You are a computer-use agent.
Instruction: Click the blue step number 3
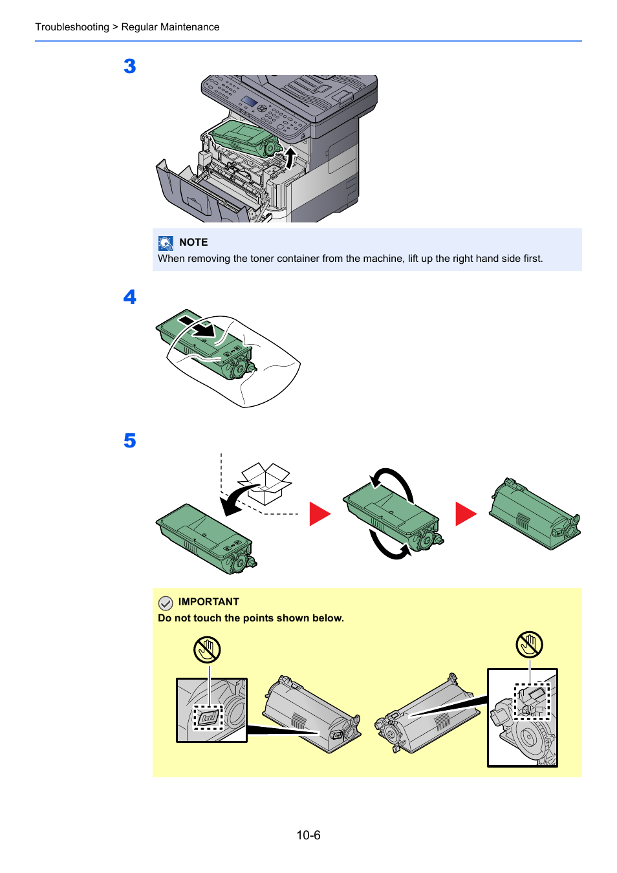(130, 66)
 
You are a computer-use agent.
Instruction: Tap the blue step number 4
(130, 297)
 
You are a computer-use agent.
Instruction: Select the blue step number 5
(130, 441)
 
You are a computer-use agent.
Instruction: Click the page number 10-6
(308, 835)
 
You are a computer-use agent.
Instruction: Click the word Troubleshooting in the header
(72, 27)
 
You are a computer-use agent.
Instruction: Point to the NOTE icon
(166, 242)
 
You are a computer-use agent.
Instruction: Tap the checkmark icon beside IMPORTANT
(166, 603)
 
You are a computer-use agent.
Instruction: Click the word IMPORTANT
(208, 602)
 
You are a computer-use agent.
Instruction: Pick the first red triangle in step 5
(319, 514)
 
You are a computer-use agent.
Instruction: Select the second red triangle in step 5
(465, 514)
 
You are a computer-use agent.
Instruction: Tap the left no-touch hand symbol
(207, 649)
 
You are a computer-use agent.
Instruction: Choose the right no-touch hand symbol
(529, 645)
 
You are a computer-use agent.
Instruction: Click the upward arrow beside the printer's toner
(290, 157)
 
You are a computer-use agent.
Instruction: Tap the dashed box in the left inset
(208, 717)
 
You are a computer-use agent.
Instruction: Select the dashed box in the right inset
(532, 701)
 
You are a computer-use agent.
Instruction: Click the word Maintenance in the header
(190, 27)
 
